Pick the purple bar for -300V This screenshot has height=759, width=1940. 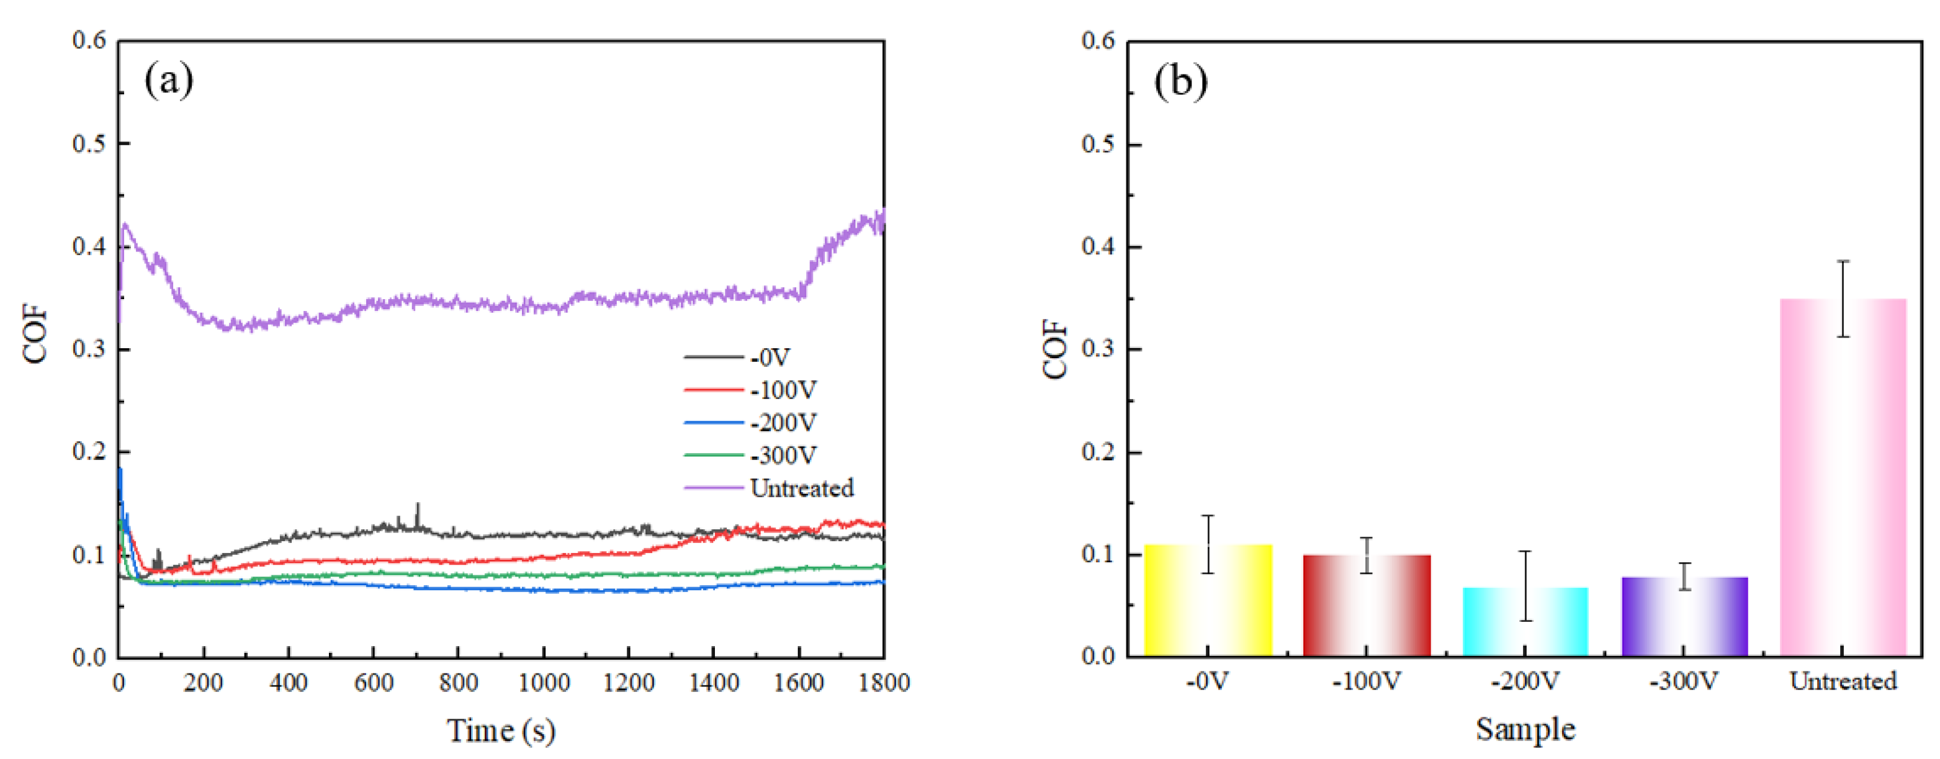click(x=1685, y=617)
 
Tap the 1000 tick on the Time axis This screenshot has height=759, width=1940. click(x=544, y=683)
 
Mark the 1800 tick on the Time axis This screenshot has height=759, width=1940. click(x=883, y=683)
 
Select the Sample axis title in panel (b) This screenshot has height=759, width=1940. click(x=1525, y=729)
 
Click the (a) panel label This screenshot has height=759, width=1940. click(x=169, y=80)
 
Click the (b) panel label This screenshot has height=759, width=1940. click(x=1180, y=81)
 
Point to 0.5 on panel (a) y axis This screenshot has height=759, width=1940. click(x=89, y=143)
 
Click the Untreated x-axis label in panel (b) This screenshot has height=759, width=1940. click(x=1842, y=681)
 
